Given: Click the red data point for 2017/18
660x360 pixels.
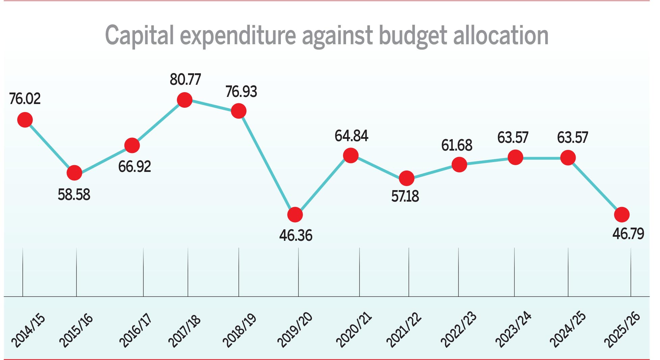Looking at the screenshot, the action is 185,100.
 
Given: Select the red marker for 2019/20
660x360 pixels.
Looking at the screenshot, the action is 295,214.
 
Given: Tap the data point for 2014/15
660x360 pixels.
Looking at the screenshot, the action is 25,120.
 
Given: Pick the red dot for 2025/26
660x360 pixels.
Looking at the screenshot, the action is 622,214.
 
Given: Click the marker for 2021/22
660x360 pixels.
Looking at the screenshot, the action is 406,178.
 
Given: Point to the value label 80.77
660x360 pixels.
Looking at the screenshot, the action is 185,80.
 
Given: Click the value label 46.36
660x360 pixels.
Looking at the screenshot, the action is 296,235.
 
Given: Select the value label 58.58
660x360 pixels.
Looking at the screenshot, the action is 74,195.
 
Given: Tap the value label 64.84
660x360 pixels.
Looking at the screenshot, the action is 351,136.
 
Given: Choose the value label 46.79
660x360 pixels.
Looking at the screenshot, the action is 628,234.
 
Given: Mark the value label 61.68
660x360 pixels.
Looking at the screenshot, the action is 457,145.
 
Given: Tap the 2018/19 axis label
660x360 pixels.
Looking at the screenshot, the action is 239,330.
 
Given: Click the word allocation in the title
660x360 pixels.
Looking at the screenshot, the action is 501,35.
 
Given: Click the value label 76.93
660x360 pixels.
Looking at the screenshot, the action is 241,92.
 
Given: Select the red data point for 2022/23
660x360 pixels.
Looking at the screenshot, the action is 459,165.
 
